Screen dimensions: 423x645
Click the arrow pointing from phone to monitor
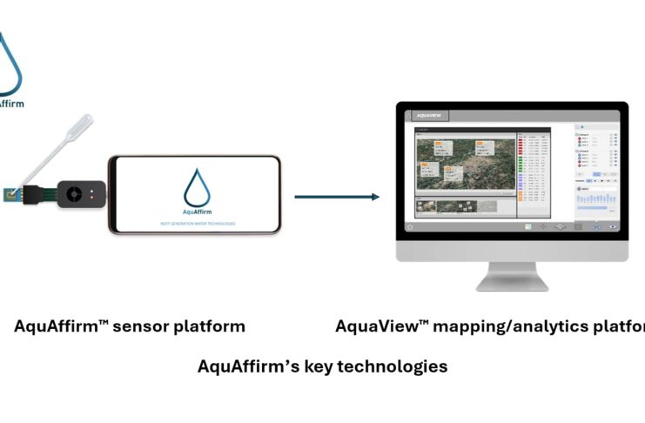click(x=337, y=197)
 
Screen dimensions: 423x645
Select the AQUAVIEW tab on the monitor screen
click(x=431, y=115)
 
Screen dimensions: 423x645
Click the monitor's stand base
click(x=512, y=282)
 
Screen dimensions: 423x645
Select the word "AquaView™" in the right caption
click(x=383, y=327)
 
